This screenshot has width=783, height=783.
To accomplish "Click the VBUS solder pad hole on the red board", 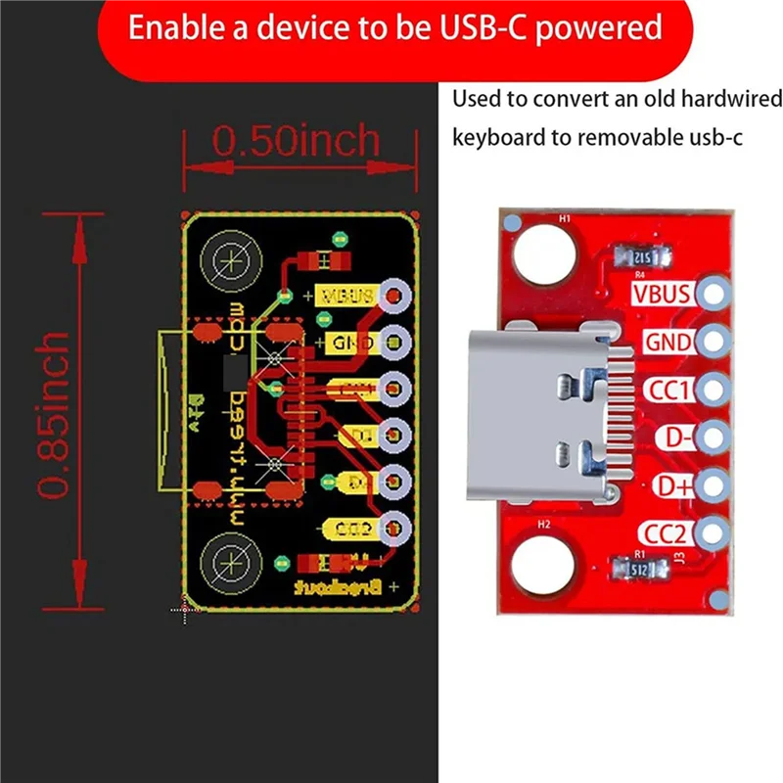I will point(714,293).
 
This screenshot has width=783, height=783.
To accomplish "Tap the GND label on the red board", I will point(668,343).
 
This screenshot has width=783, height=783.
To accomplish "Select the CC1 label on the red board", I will point(668,391).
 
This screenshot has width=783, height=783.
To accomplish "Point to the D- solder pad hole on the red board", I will point(714,438).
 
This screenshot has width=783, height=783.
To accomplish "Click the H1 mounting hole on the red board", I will point(535,255).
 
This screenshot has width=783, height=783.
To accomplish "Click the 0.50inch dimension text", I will point(296,141).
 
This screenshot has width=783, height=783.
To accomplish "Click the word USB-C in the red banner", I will point(472,27).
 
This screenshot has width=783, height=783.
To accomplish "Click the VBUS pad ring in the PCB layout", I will point(393,295).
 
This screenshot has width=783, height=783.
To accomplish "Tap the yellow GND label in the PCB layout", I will point(345,343).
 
